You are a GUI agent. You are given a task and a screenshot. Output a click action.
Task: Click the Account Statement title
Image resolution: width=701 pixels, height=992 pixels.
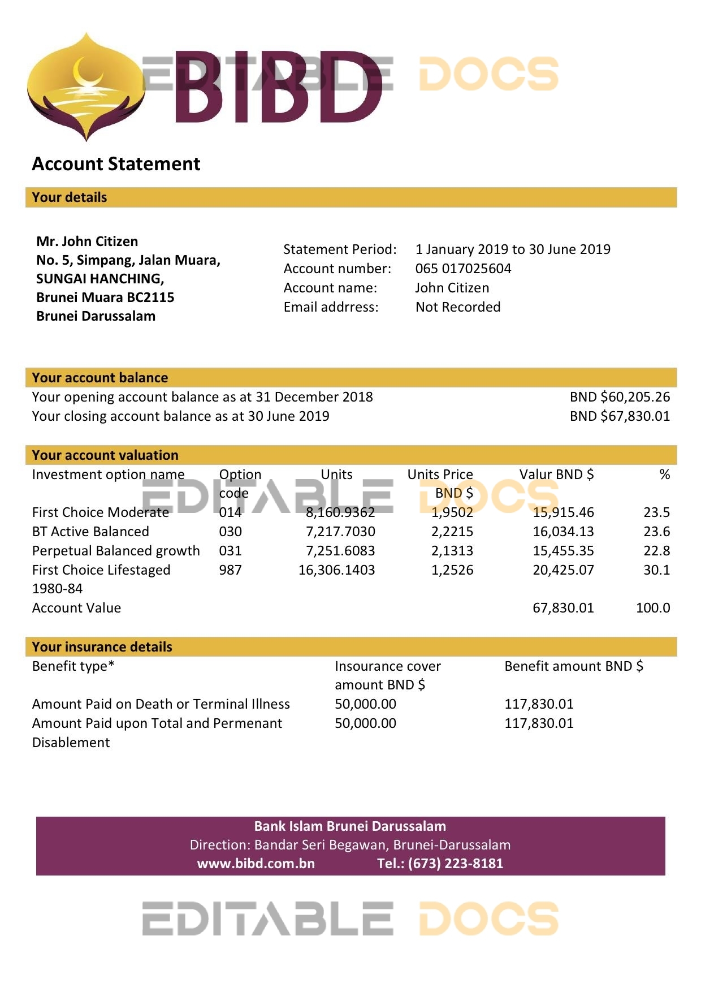116,164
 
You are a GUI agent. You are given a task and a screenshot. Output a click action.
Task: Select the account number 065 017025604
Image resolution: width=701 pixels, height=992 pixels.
463,269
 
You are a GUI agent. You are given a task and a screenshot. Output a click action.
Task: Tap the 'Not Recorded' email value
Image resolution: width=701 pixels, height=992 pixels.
458,307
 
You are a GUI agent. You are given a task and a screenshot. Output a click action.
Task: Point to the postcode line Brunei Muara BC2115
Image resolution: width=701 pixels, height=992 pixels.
105,297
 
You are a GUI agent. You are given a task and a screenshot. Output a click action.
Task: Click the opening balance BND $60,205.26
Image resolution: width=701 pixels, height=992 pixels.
620,397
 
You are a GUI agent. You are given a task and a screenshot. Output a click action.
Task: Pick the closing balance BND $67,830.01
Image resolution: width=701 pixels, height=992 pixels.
620,416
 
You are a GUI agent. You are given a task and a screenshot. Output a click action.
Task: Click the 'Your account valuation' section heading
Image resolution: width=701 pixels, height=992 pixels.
105,455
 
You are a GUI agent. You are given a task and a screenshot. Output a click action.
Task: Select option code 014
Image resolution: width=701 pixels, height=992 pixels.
230,512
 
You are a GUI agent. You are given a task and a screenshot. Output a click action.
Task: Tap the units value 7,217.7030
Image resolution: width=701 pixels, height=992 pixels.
340,532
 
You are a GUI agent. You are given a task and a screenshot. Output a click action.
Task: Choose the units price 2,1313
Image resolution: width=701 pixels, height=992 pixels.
452,551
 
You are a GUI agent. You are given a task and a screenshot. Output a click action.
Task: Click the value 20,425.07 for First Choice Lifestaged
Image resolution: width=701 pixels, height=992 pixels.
563,570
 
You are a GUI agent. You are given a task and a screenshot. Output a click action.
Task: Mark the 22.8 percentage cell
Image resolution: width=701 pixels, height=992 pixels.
656,551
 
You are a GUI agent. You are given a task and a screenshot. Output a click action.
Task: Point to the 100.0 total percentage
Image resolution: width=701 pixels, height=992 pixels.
652,608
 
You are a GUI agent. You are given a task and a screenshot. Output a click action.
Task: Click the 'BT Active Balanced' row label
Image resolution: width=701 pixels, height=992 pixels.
90,532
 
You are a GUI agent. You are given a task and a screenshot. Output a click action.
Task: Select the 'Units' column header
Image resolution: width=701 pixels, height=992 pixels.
336,475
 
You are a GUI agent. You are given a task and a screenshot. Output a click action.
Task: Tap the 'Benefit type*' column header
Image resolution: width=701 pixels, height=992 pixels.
73,666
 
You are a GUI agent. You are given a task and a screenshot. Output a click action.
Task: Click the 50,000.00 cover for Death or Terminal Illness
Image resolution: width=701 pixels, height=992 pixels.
365,704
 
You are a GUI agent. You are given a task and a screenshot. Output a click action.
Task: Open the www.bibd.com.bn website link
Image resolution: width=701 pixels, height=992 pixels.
256,864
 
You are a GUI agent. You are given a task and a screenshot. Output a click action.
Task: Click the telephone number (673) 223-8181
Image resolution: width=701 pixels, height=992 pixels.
455,864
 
